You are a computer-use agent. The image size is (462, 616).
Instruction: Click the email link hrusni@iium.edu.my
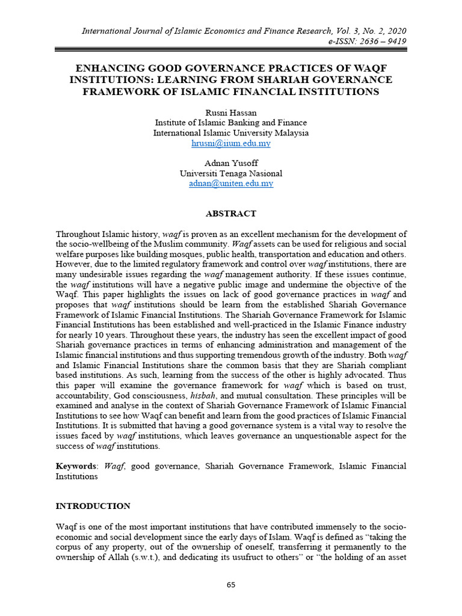(x=230, y=144)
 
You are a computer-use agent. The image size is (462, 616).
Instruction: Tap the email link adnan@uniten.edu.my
(x=230, y=183)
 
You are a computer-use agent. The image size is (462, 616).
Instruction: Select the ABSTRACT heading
(x=231, y=214)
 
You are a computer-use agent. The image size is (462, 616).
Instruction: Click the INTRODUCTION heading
(x=93, y=506)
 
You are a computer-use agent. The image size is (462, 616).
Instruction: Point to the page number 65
(x=231, y=585)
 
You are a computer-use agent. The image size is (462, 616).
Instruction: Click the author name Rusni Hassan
(x=230, y=112)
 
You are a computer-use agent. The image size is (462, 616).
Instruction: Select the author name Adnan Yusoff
(x=230, y=163)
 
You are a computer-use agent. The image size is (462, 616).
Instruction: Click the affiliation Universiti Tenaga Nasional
(x=230, y=173)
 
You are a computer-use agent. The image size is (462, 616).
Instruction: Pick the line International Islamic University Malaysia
(x=230, y=133)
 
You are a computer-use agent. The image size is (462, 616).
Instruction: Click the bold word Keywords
(x=76, y=466)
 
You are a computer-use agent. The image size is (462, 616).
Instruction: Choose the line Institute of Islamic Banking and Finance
(x=230, y=123)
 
